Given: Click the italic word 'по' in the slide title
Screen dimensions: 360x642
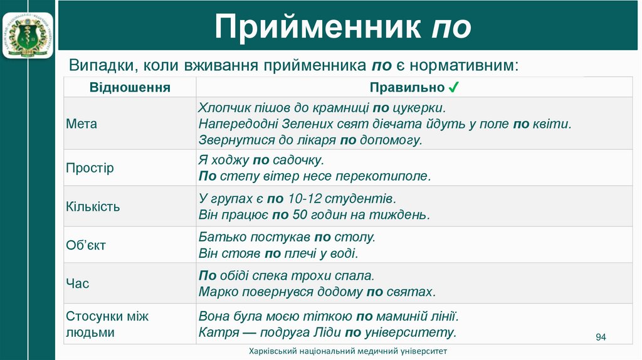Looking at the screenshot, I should tap(451, 28).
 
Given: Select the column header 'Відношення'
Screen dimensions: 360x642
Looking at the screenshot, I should tap(130, 87).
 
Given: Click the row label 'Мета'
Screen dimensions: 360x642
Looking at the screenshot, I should tap(82, 124).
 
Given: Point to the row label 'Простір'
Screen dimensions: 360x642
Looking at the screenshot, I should tap(90, 168).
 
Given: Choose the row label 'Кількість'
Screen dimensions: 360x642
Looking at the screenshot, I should tap(93, 206).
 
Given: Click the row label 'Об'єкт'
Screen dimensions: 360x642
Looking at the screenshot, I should tap(86, 245).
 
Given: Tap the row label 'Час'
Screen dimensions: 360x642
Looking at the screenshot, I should tap(78, 283).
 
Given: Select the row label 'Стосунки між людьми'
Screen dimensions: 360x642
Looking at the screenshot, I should tap(107, 324).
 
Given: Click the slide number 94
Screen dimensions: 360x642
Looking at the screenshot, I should tap(601, 338).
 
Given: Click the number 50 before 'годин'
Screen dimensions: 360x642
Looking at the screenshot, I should tap(300, 215).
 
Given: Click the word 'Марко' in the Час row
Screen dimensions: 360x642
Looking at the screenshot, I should tap(218, 292).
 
